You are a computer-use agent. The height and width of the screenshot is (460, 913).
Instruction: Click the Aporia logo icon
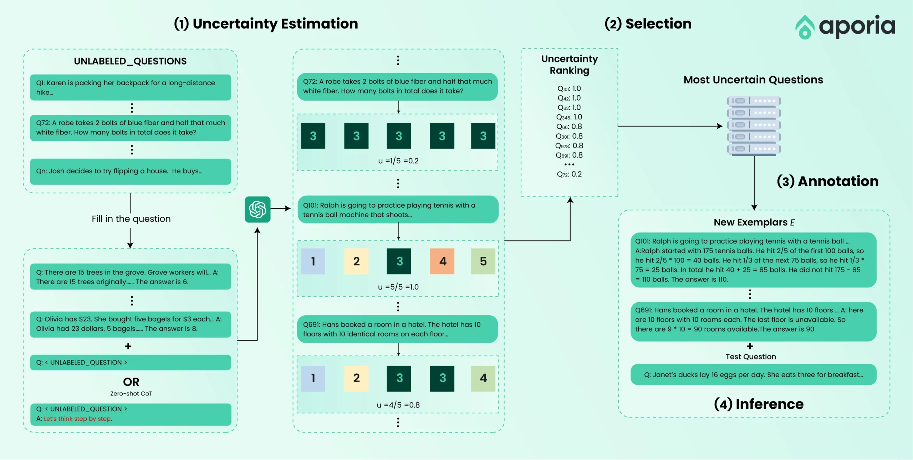[x=805, y=27]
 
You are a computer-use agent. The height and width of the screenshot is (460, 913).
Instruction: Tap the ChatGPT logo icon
[x=257, y=209]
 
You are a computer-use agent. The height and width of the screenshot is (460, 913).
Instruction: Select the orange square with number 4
[x=442, y=261]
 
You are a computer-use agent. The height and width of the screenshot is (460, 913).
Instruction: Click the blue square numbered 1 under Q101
[x=313, y=261]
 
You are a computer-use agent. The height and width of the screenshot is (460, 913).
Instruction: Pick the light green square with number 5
[x=483, y=261]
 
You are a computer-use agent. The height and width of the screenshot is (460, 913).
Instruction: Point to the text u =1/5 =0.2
[x=398, y=161]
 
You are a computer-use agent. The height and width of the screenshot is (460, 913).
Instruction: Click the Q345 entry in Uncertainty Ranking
[x=569, y=117]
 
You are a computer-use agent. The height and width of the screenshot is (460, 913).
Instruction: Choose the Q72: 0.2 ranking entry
[x=569, y=174]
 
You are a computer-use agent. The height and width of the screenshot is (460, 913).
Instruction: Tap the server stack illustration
[x=754, y=126]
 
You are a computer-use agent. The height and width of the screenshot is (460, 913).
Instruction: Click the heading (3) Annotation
[x=827, y=181]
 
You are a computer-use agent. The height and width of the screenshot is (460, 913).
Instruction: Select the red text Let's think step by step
[x=78, y=419]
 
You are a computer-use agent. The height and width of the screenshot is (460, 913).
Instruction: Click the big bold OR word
[x=131, y=382]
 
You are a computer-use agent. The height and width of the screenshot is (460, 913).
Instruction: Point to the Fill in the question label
[x=131, y=219]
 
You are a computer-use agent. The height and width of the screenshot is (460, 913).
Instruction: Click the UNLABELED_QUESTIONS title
[x=130, y=61]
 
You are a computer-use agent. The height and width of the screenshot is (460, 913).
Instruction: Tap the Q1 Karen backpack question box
[x=131, y=87]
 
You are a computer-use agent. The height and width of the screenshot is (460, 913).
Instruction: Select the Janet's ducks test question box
[x=753, y=374]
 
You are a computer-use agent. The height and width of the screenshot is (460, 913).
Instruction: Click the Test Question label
[x=751, y=357]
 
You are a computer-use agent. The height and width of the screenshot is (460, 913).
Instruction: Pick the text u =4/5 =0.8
[x=398, y=405]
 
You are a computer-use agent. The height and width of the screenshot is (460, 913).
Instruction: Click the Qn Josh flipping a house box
[x=131, y=172]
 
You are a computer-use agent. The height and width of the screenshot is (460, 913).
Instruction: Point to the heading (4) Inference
[x=759, y=404]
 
